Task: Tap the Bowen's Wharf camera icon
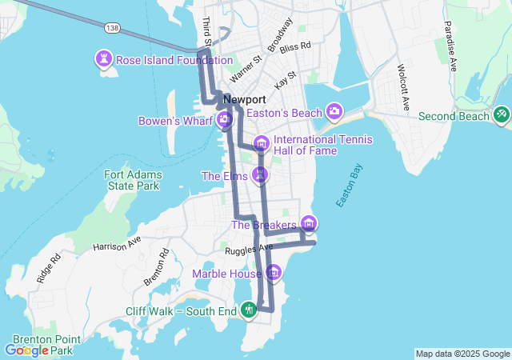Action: point(224,121)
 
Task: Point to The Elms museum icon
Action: point(260,174)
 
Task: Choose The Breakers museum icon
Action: point(309,224)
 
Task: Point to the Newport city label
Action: point(245,99)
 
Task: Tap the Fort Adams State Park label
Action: point(133,181)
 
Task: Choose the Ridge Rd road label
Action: point(49,268)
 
